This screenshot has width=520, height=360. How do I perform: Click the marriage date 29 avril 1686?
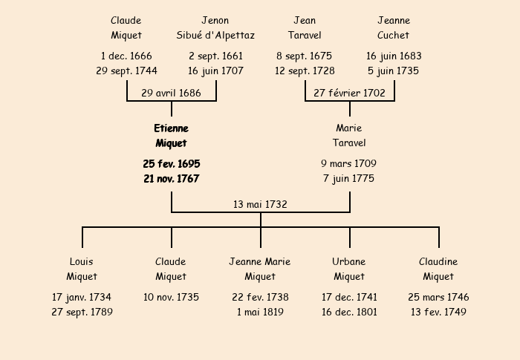click(171, 93)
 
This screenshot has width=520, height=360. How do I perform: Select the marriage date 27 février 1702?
click(349, 93)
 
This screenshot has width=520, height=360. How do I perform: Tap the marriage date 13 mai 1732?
click(260, 204)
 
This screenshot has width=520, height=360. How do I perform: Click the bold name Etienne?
click(171, 128)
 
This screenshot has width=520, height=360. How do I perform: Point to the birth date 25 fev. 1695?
click(171, 163)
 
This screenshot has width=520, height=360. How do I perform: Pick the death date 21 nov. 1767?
click(171, 179)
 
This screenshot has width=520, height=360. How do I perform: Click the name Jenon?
click(215, 21)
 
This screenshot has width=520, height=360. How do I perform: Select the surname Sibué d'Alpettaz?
click(215, 36)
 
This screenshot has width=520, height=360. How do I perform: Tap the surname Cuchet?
click(394, 36)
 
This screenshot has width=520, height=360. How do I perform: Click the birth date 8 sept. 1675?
click(305, 56)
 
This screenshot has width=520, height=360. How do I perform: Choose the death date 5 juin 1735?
click(394, 71)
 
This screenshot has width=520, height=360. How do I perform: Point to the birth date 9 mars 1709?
click(349, 163)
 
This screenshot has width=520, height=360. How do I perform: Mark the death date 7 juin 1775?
click(349, 179)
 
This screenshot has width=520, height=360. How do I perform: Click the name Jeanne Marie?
click(260, 262)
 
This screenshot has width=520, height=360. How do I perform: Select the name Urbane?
click(349, 262)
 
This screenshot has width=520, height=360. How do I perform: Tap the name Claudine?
click(438, 262)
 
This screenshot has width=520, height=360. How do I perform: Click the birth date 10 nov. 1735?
click(171, 297)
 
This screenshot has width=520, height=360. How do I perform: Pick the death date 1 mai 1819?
click(260, 312)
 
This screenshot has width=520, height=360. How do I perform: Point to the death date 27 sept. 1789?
click(82, 312)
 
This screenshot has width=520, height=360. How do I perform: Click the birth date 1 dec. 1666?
click(126, 56)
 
